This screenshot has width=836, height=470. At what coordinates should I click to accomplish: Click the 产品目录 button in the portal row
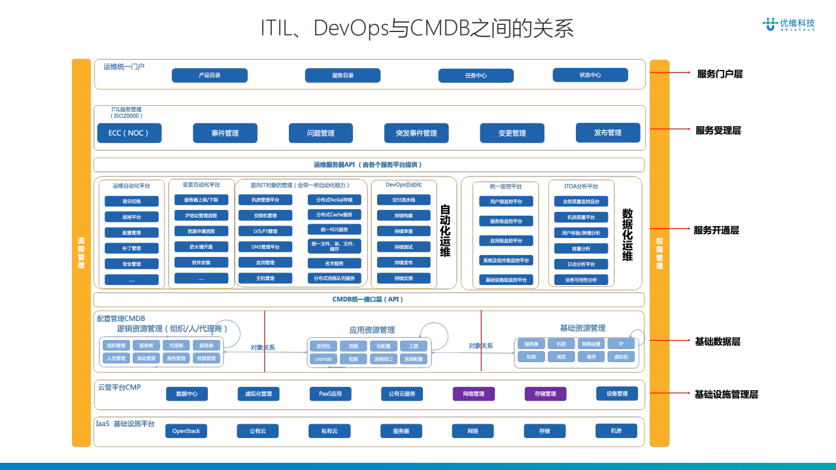[x=209, y=75]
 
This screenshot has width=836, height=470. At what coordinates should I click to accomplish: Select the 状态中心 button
[x=590, y=75]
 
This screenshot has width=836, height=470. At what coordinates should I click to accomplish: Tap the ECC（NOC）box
[x=129, y=133]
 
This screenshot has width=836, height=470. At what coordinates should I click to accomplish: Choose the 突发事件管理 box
[x=416, y=133]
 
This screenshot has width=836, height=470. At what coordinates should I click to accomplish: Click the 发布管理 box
[x=607, y=133]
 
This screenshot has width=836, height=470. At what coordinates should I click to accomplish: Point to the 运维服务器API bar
[x=369, y=165]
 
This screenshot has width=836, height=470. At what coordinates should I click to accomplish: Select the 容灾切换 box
[x=131, y=201]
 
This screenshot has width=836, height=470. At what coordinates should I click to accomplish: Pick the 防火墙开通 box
[x=201, y=246]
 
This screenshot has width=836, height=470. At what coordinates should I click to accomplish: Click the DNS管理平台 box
[x=265, y=247]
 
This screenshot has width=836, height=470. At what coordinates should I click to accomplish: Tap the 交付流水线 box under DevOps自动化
[x=403, y=199]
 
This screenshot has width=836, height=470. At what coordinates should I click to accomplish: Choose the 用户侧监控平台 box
[x=506, y=201]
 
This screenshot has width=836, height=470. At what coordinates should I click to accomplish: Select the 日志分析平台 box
[x=580, y=264]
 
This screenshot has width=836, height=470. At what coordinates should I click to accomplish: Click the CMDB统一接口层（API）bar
[x=369, y=299]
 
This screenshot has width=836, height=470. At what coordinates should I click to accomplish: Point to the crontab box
[x=324, y=359]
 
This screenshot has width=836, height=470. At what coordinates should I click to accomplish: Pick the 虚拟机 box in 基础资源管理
[x=620, y=357]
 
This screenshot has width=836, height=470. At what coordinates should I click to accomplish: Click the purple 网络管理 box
[x=473, y=394]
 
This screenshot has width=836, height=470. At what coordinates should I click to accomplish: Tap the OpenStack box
[x=186, y=431]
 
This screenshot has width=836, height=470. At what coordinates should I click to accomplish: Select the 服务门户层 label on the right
[x=720, y=74]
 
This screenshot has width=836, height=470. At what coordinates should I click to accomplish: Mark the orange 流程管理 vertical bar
[x=81, y=252]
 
